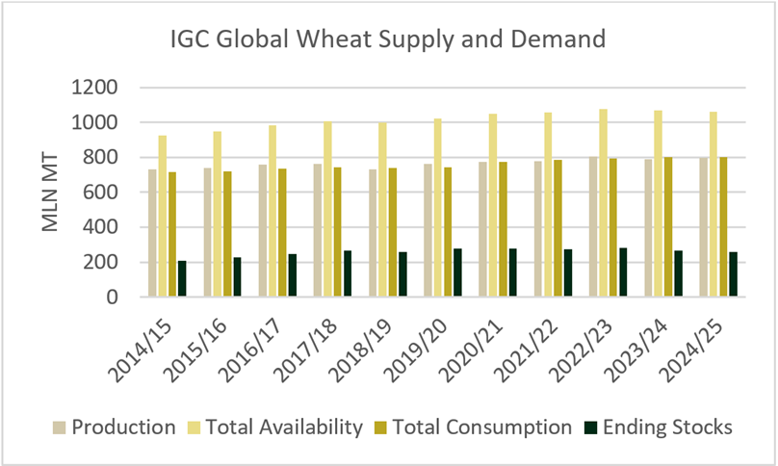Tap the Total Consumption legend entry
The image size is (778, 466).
pyautogui.click(x=473, y=427)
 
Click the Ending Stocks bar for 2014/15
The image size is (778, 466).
pyautogui.click(x=182, y=279)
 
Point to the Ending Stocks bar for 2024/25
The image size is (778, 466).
pyautogui.click(x=734, y=274)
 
